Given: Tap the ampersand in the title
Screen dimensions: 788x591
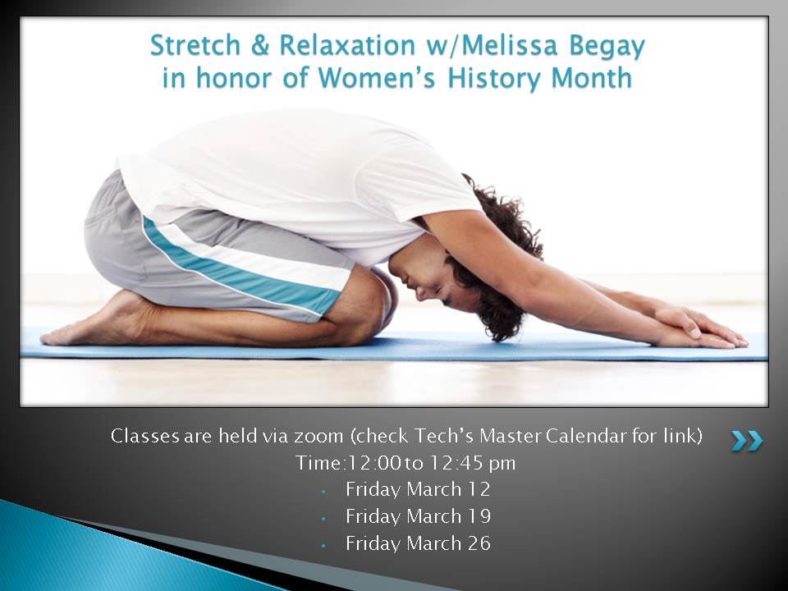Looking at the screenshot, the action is tap(259, 45).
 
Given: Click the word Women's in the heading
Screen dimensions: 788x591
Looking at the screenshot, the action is tap(377, 79).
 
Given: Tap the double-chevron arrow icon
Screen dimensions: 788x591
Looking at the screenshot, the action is tap(747, 441).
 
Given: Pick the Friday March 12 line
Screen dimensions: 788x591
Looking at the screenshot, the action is tap(418, 489).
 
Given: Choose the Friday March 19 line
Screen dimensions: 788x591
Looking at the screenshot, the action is tap(418, 516).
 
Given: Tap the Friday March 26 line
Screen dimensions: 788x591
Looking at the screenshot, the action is tap(418, 543).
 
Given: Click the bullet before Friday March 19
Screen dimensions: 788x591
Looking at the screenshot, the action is tap(324, 518).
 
